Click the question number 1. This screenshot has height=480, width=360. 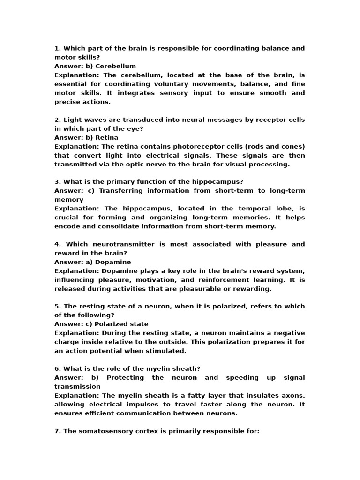(57, 48)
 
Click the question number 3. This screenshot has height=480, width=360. (57, 182)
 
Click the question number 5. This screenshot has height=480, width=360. (57, 307)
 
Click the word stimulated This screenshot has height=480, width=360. (167, 351)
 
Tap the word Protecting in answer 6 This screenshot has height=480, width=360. (126, 378)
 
